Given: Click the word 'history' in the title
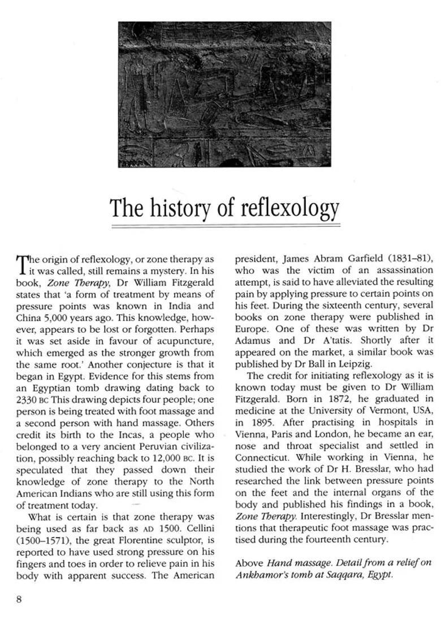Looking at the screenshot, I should (x=180, y=208).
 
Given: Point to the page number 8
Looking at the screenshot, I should (x=19, y=599).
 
